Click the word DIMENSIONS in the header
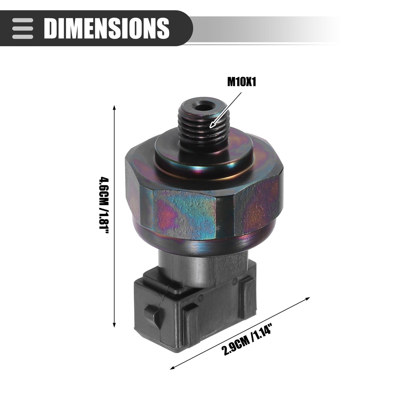tap(107, 28)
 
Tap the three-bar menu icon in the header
tap(22, 28)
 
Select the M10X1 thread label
tap(242, 82)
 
